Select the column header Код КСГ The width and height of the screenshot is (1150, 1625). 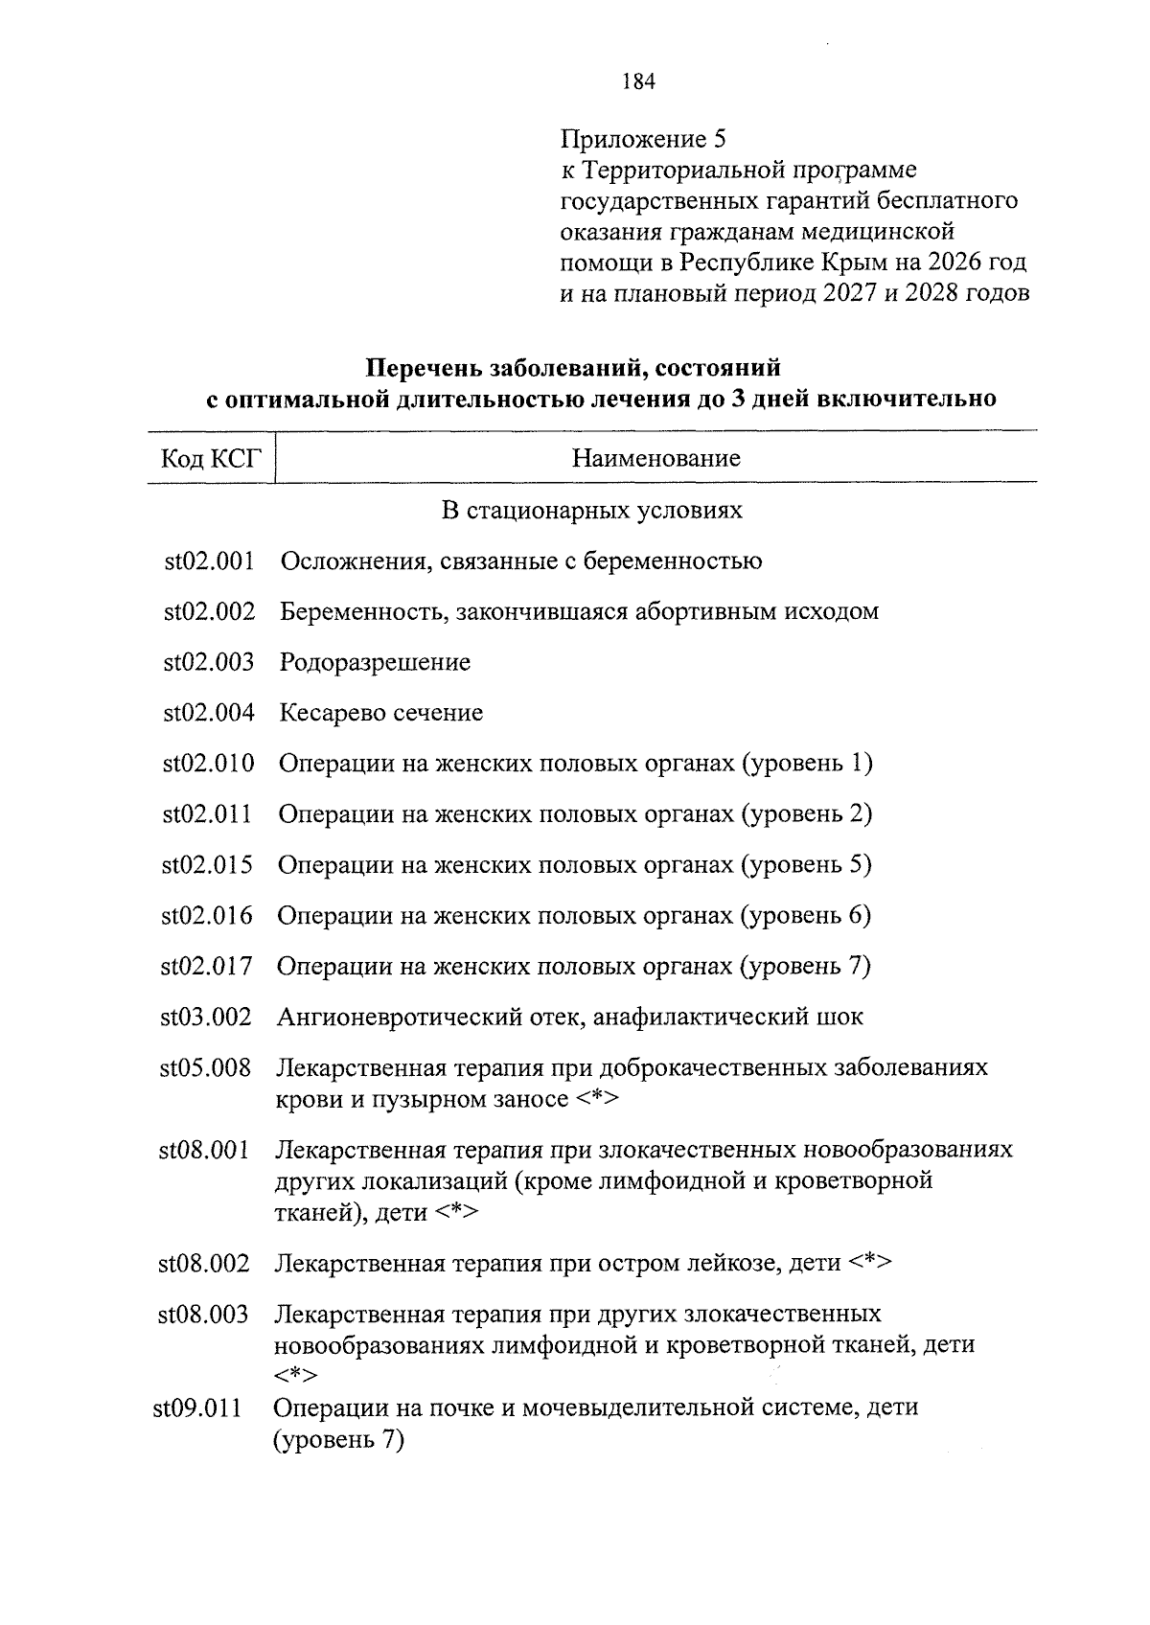pos(211,458)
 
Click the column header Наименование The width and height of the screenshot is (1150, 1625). pos(655,458)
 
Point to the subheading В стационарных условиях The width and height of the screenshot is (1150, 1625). pos(591,510)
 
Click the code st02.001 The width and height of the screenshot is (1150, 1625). pos(209,561)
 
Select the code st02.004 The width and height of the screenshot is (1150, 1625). pos(209,713)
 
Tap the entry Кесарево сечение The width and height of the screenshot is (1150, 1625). pos(381,713)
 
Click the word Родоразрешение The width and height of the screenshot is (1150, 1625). pos(375,662)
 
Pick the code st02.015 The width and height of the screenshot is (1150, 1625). pos(207,865)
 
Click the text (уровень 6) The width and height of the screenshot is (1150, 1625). pos(805,916)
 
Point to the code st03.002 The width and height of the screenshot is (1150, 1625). pos(206,1017)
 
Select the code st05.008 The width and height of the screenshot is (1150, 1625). pos(205,1067)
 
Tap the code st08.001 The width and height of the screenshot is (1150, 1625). pos(204,1149)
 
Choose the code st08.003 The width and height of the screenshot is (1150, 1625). pos(203,1314)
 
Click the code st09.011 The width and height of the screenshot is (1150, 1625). pos(197,1408)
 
